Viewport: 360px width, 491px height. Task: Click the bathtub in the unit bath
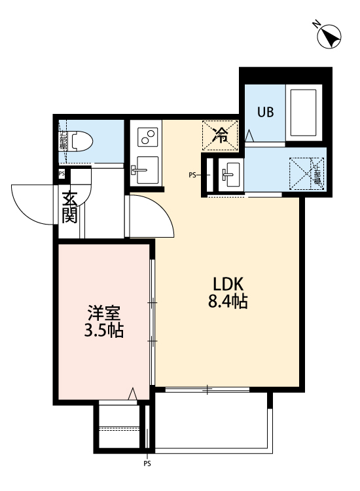[x=302, y=112]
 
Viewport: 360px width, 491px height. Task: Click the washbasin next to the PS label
[x=230, y=175]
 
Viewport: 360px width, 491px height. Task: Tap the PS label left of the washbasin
[x=192, y=175]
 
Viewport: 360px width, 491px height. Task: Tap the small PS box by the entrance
[x=61, y=173]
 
